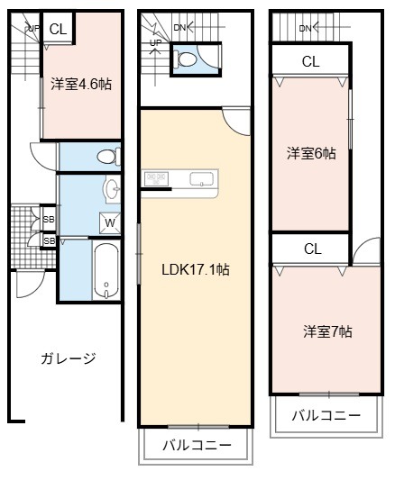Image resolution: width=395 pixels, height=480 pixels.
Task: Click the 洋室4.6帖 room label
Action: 81,84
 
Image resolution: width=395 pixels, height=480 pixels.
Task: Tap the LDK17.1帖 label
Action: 196,269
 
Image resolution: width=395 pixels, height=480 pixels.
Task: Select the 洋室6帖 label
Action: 311,153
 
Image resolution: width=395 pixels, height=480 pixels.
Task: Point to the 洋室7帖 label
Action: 327,331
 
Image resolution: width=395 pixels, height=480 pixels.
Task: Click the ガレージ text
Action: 69,358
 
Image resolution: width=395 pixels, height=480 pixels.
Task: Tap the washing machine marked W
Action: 110,222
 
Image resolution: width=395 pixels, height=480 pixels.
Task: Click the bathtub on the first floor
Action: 106,270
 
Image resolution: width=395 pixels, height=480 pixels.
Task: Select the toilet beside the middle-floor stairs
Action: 184,59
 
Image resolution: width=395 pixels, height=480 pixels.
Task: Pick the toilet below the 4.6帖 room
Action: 109,157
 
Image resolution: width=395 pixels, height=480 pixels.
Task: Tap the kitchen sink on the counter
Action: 201,179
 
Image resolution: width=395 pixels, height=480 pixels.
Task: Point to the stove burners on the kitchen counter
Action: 156,178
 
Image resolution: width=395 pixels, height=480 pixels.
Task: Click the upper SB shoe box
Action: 49,219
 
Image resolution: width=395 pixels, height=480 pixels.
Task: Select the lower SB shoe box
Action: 49,241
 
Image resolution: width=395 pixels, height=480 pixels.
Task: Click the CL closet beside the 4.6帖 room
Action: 58,29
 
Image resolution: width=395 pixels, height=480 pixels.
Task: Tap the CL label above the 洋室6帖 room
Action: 310,61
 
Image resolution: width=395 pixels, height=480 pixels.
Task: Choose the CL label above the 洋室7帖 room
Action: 313,249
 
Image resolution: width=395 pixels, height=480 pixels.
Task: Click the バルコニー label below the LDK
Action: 197,446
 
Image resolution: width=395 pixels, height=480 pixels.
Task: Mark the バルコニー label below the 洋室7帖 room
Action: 326,416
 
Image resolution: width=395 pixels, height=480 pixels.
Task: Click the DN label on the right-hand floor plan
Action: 305,29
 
